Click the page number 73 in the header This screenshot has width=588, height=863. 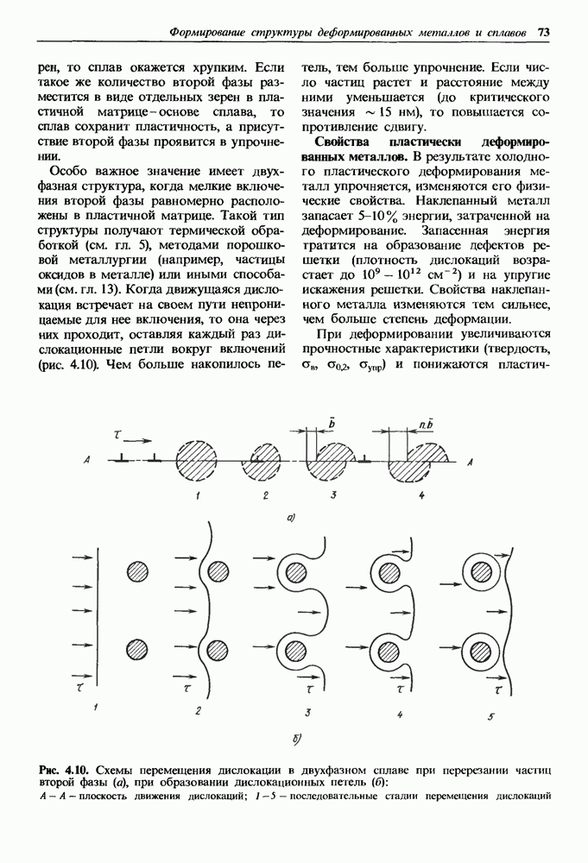[544, 32]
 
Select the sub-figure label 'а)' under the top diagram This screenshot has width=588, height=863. [292, 517]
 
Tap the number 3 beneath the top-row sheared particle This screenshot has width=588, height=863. [332, 495]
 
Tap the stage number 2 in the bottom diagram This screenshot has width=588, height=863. [199, 711]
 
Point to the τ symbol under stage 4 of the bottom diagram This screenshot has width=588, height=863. [400, 690]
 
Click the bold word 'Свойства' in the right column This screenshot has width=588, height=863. [344, 141]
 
